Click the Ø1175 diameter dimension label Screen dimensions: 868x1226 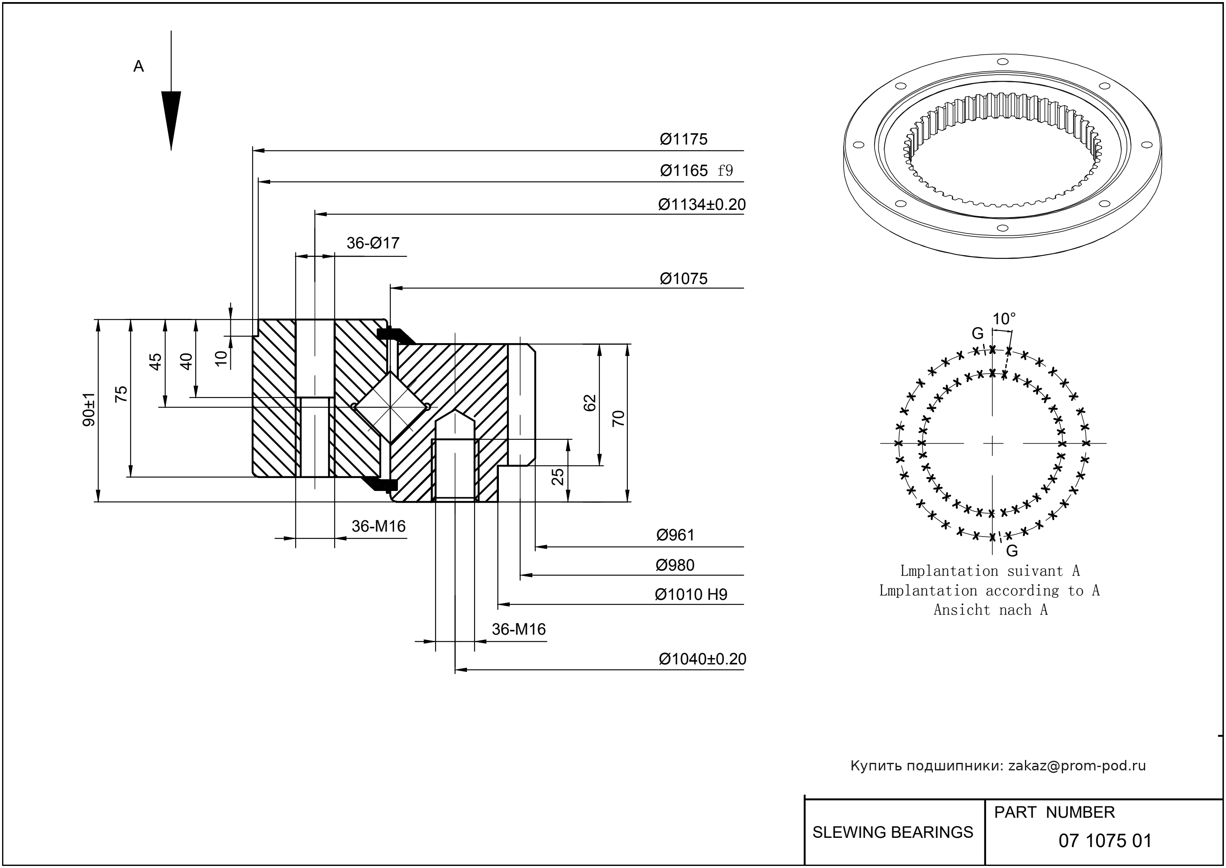coord(683,139)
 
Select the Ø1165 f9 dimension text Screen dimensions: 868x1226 coord(696,171)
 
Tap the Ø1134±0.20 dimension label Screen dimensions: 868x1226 coord(701,205)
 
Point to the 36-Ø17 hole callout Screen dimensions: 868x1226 coord(372,243)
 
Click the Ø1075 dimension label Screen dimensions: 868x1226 coord(683,279)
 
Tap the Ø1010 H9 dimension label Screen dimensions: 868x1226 coord(691,594)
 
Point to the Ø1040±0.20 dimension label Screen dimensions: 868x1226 coord(702,659)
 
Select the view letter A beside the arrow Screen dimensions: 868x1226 coord(138,66)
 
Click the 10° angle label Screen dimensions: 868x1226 coord(1004,319)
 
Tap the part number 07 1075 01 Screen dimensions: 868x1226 coord(1105,841)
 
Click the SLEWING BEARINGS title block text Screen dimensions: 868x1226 coord(893,832)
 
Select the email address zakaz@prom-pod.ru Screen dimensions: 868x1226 coord(1076,766)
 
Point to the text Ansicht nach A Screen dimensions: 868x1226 coord(990,610)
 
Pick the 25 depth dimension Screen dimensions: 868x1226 coord(557,476)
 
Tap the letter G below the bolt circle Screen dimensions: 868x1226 coord(1011,550)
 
